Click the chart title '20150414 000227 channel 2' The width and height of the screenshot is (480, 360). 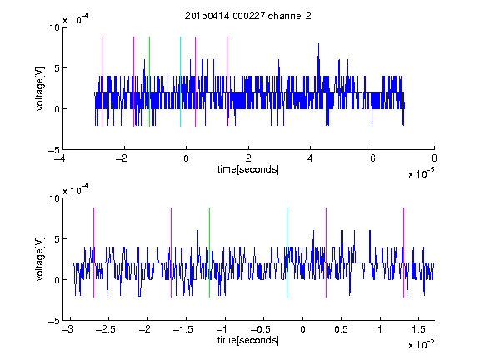pos(248,16)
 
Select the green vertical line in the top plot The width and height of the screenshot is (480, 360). pos(149,82)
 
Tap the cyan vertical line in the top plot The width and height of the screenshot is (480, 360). pos(180,82)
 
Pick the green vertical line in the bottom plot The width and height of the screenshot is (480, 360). pos(209,252)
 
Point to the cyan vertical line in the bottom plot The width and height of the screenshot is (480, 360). pos(287,252)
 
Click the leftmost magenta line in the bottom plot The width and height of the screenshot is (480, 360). pos(93,252)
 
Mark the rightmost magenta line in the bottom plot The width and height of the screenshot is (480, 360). pos(403,252)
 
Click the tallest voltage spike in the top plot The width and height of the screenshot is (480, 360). pos(318,44)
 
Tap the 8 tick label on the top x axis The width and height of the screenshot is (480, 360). pos(434,158)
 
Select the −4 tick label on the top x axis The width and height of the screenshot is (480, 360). pos(60,158)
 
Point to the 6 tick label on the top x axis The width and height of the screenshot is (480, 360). pos(372,158)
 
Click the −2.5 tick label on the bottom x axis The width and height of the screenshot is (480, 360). pos(105,329)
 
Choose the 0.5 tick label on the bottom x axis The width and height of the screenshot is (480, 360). pos(342,329)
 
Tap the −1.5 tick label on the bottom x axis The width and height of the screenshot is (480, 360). pos(182,329)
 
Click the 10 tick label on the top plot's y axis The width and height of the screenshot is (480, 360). pos(54,27)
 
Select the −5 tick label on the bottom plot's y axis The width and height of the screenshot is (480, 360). pos(54,321)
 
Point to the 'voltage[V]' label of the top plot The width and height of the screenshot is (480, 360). pos(40,88)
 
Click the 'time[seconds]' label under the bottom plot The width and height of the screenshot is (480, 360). pos(248,340)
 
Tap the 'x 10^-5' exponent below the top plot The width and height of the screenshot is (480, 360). pos(421,173)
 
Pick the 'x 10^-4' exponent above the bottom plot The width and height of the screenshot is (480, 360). pos(76,189)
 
